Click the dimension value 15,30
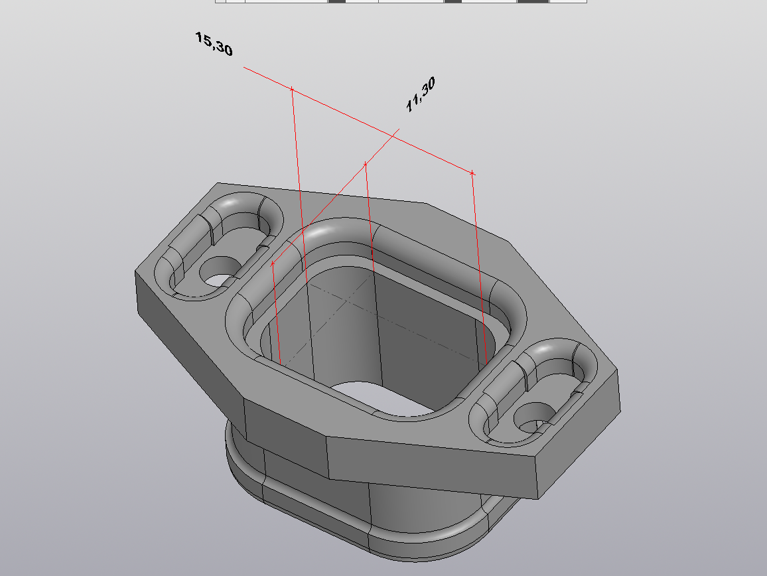coord(214,44)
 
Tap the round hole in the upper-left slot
coord(220,271)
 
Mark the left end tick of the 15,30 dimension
coord(292,90)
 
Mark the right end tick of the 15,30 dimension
coord(472,173)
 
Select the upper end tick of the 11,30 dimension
coord(366,163)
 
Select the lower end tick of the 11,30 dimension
coord(273,263)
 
